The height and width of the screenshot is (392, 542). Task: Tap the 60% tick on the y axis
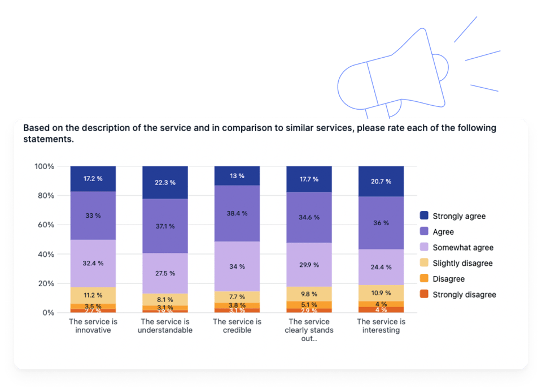45,225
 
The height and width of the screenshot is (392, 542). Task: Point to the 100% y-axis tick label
43,166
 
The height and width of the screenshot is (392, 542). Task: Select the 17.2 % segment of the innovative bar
93,178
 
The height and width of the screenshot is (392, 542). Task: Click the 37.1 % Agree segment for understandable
164,226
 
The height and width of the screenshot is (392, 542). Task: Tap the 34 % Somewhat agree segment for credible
237,266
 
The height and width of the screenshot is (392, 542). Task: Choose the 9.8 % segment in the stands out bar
309,294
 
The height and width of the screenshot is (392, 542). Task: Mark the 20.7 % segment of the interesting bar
381,181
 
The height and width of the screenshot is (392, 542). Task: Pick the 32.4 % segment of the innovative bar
93,263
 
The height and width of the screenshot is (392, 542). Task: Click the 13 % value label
237,176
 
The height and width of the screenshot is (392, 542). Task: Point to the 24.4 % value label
381,267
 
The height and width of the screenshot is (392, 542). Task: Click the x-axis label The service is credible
237,326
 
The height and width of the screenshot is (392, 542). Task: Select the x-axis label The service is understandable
165,326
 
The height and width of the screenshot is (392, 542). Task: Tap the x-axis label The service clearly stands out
309,330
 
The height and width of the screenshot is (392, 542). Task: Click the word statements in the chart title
48,139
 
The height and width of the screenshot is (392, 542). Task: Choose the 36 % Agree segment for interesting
381,223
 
